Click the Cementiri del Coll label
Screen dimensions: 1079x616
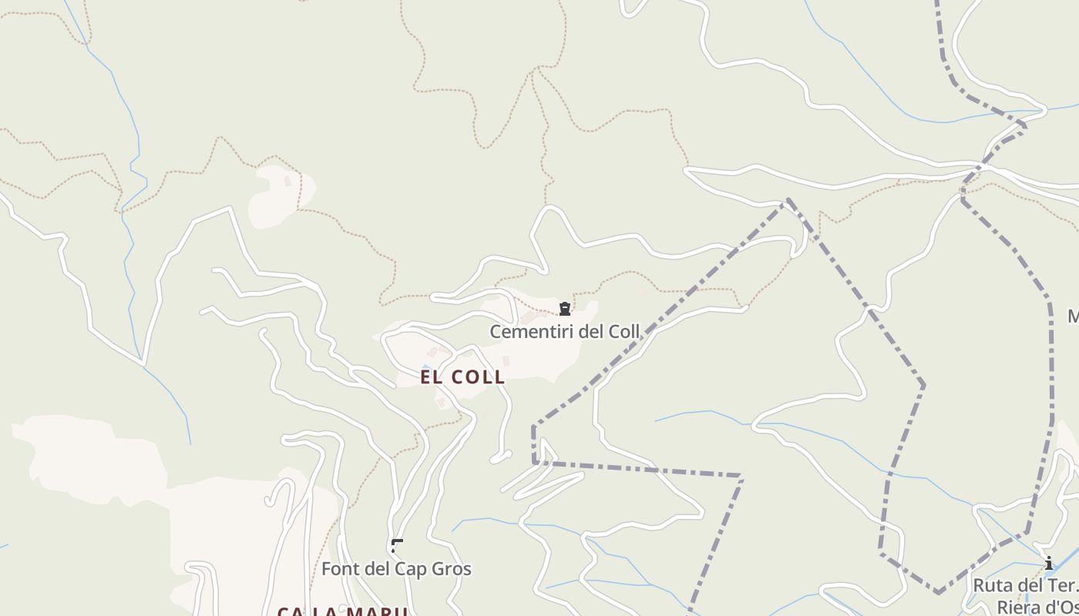pos(565,332)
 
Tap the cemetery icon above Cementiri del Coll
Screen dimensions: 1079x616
pos(565,309)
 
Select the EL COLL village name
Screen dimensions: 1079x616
pos(462,377)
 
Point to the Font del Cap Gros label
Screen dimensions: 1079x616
pos(396,569)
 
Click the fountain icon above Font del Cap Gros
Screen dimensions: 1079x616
pos(397,546)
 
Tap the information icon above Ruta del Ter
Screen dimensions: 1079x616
pos(1048,564)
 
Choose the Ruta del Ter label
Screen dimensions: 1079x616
pos(1025,585)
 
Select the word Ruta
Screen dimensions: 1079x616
pos(990,585)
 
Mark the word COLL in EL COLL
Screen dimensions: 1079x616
pos(478,377)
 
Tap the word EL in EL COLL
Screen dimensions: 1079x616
pos(431,377)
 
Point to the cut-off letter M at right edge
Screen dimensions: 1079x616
pos(1074,316)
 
